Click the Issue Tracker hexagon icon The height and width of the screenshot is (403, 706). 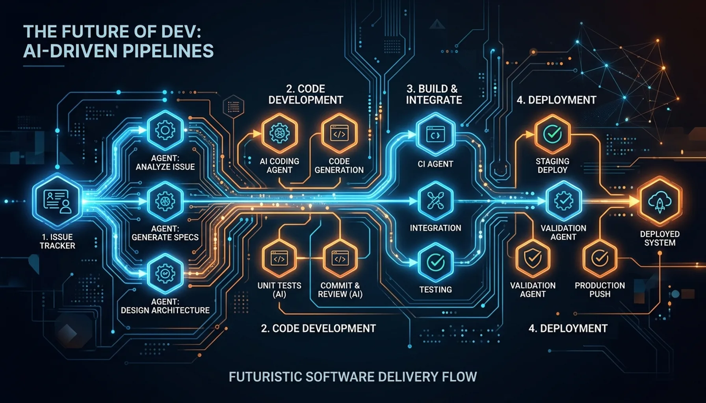tap(58, 201)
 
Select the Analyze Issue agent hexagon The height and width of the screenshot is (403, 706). tap(165, 131)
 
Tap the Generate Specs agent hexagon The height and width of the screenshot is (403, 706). tap(165, 201)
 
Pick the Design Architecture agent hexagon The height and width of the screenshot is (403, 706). tap(165, 273)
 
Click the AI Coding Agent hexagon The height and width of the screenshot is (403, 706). tap(279, 134)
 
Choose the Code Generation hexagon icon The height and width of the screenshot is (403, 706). tap(339, 134)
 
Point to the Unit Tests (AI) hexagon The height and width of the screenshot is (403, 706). tap(279, 259)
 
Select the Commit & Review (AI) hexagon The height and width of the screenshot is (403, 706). tap(340, 259)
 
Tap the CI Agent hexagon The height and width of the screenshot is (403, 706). tap(435, 134)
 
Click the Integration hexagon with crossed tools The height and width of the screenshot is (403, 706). tap(435, 201)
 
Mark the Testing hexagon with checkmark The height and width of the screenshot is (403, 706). tap(436, 262)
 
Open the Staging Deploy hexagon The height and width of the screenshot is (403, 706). tap(552, 134)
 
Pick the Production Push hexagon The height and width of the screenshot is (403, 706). tap(600, 258)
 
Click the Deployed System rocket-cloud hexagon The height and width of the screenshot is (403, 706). tap(660, 201)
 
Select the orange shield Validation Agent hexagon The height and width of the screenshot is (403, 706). tap(533, 258)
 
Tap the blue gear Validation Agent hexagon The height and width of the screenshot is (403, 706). tap(563, 201)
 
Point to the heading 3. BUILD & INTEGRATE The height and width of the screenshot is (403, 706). tap(433, 94)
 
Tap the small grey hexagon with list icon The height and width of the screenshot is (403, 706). tap(233, 106)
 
